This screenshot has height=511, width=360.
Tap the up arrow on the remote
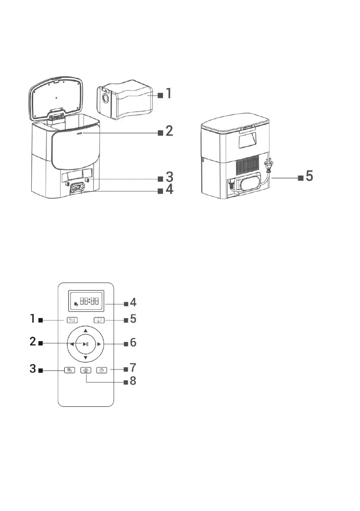click(86, 330)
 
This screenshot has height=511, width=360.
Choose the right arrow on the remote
click(99, 344)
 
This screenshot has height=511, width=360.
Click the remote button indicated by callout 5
click(100, 320)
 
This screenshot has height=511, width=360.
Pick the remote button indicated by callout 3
click(69, 370)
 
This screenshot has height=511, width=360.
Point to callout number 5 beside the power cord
click(309, 176)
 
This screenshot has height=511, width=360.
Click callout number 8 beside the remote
click(133, 381)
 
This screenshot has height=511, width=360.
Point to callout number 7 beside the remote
click(133, 368)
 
